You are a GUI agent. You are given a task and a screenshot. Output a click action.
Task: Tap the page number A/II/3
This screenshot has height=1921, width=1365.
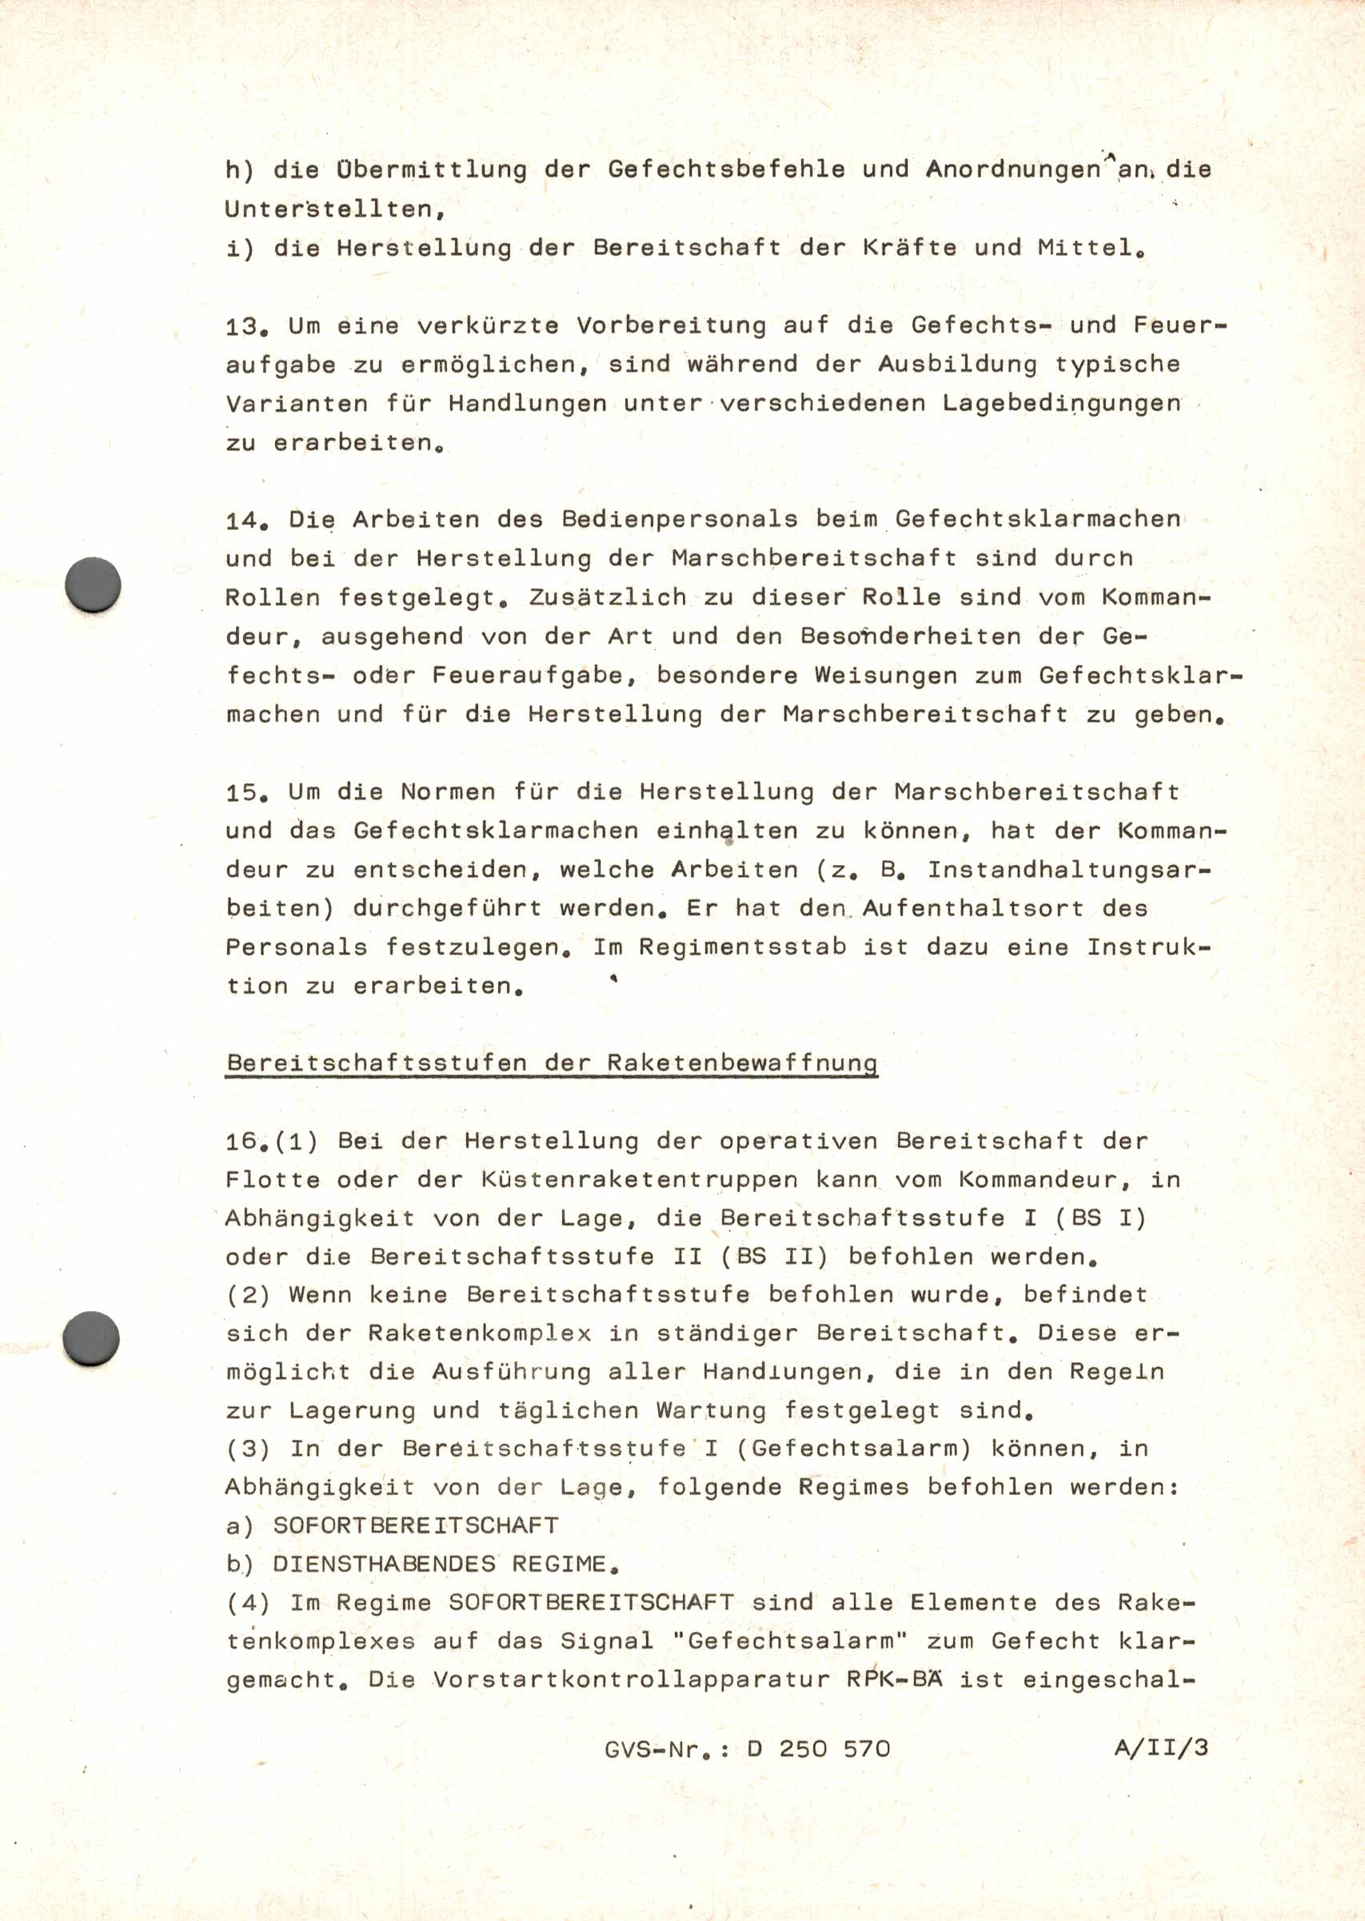click(x=1161, y=1748)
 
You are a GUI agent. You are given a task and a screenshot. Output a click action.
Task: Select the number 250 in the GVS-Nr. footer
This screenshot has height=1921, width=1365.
click(x=803, y=1749)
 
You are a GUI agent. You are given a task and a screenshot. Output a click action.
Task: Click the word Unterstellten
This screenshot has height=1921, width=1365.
click(x=334, y=209)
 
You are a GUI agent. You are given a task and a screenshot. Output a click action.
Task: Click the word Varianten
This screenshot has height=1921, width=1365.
click(x=297, y=405)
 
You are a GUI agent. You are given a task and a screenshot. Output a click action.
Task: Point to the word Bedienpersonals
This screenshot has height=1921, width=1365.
click(x=679, y=520)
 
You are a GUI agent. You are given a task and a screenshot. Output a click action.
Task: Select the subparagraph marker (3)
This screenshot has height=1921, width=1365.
click(x=248, y=1449)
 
